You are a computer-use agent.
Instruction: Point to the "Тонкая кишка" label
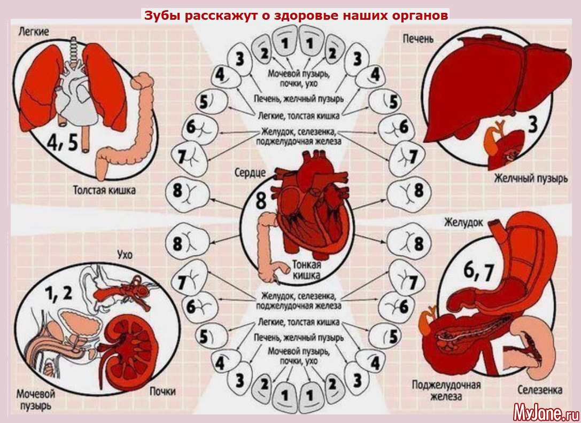pos(306,270)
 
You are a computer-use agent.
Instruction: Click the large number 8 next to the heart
pos(260,201)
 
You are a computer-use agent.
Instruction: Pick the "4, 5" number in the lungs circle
pos(62,142)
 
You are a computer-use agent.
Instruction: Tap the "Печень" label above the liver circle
pos(419,39)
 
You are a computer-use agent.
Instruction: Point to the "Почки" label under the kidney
pos(162,391)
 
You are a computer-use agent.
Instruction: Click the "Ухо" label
pos(123,254)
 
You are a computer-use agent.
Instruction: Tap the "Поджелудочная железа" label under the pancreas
pos(446,390)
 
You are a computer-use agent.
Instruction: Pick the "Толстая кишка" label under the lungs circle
pos(104,190)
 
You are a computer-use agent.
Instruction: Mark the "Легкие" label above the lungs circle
pos(34,32)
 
